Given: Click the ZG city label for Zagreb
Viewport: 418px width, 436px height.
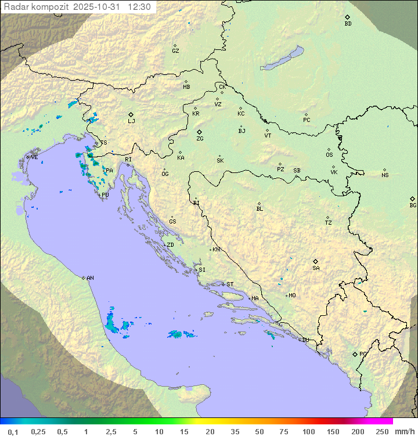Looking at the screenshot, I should (x=200, y=139).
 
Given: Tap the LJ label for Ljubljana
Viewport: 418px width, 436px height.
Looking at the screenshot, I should (x=131, y=121).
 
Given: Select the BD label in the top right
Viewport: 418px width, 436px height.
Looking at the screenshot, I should (x=348, y=24).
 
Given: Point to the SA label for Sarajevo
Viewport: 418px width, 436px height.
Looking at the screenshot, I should (x=316, y=268).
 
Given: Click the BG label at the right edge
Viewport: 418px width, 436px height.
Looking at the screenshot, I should (x=413, y=205).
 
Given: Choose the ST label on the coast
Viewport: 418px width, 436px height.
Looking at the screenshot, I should (x=230, y=284).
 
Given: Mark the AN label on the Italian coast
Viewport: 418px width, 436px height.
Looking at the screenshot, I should (x=90, y=278).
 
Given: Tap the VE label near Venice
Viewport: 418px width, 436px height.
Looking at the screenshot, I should (x=34, y=157).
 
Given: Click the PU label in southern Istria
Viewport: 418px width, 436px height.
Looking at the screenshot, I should (x=105, y=195).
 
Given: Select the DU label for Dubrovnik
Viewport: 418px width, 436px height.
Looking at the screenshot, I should (x=305, y=340).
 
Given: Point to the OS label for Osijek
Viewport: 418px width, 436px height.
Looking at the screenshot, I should (x=329, y=155).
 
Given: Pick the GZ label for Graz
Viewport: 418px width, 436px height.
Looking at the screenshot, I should (x=175, y=51).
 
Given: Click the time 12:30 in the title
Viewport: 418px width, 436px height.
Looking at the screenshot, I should (x=139, y=7).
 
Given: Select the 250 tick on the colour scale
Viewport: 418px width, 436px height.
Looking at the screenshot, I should (x=381, y=431).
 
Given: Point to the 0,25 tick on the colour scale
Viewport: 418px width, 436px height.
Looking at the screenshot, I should (x=38, y=431).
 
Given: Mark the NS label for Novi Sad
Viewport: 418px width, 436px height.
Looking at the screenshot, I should (x=385, y=175).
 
